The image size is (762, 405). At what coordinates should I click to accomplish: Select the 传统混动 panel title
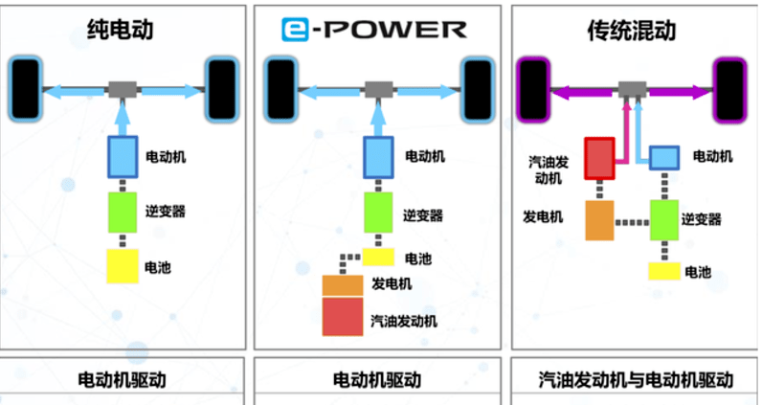pyautogui.click(x=631, y=30)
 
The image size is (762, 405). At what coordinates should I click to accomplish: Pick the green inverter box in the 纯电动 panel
pyautogui.click(x=123, y=212)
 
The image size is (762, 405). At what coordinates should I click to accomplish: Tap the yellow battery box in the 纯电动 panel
pyautogui.click(x=123, y=265)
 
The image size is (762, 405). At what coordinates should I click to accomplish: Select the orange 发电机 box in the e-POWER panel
pyautogui.click(x=342, y=283)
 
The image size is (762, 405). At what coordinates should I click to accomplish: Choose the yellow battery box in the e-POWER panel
pyautogui.click(x=378, y=257)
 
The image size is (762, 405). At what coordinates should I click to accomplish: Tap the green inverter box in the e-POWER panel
pyautogui.click(x=378, y=212)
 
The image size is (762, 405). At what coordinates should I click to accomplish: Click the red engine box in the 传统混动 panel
pyautogui.click(x=599, y=159)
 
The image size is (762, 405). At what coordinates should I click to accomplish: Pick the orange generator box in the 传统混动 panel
pyautogui.click(x=599, y=220)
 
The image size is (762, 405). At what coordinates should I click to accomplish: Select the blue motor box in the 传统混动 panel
pyautogui.click(x=664, y=157)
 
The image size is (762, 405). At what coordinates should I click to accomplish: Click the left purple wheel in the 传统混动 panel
pyautogui.click(x=532, y=90)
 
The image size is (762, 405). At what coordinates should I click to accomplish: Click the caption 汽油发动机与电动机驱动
pyautogui.click(x=637, y=380)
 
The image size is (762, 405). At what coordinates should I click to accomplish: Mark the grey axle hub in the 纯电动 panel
pyautogui.click(x=123, y=90)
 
